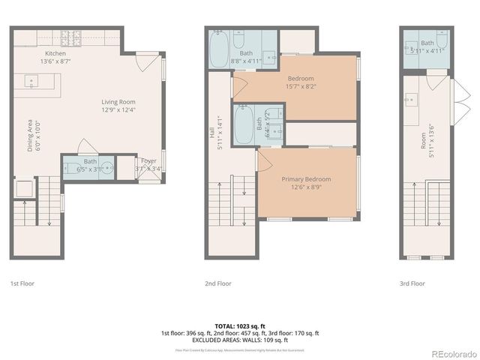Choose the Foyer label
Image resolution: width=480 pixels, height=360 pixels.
[x=148, y=160]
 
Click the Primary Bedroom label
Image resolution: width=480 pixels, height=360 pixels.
[x=306, y=179]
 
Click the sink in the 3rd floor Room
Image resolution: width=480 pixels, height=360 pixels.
[x=411, y=98]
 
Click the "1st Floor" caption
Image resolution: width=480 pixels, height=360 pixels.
[x=22, y=283]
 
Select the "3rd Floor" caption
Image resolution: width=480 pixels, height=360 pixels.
[x=412, y=283]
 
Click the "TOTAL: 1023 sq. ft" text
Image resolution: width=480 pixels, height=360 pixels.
[x=239, y=325]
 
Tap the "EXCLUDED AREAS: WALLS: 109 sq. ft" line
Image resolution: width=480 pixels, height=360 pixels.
[x=239, y=340]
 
